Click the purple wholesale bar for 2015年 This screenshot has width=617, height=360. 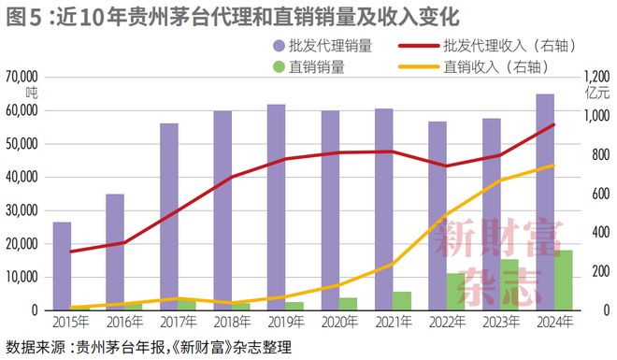point(62,266)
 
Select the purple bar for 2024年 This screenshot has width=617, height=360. point(544,202)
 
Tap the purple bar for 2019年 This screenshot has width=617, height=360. point(277,207)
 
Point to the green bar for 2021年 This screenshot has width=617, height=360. point(402,300)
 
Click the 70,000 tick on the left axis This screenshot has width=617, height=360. point(21,77)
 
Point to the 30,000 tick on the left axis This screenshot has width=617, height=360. point(21,210)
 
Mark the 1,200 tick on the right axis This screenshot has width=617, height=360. point(596,77)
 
